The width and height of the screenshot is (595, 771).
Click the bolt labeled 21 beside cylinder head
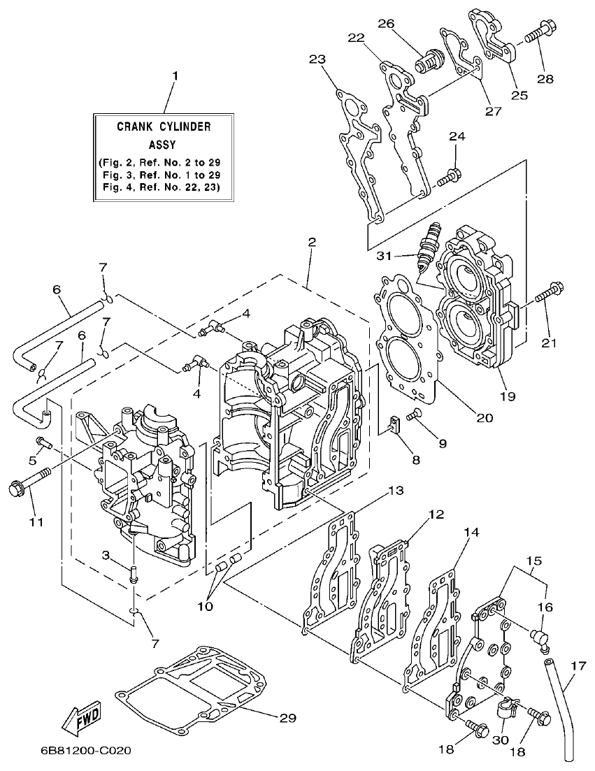coord(550,293)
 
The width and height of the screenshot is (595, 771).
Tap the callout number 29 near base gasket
coord(287,718)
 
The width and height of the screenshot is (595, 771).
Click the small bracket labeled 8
coord(394,424)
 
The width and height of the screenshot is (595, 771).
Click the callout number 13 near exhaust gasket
coord(396,491)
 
